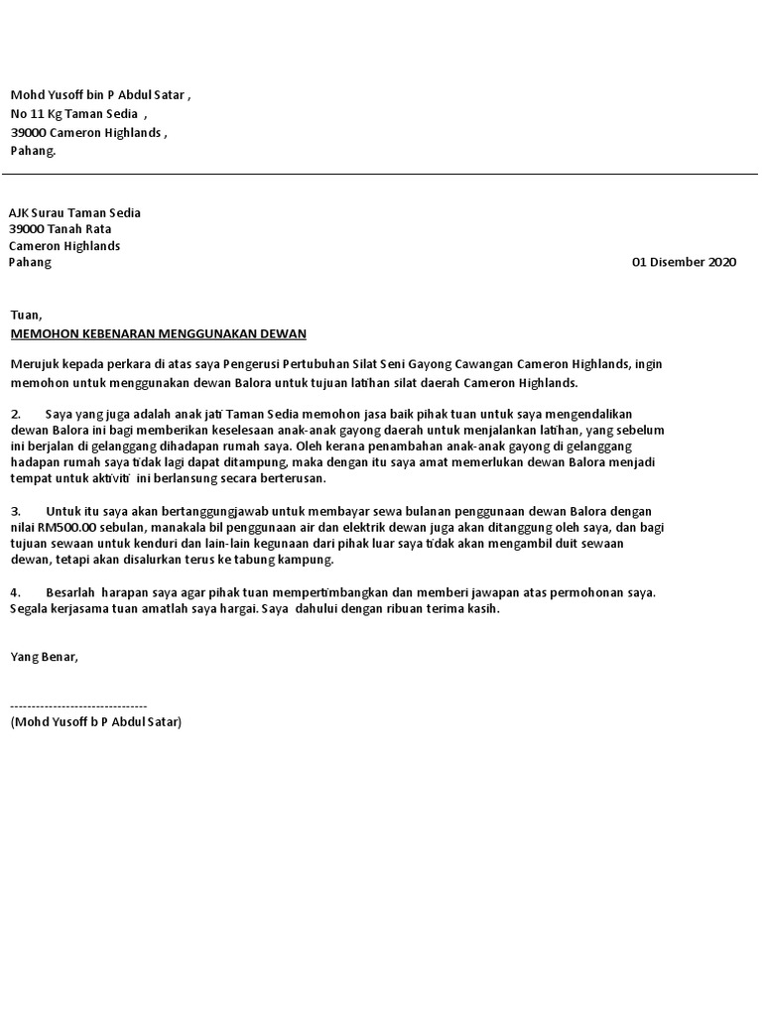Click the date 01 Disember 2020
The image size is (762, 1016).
click(x=685, y=263)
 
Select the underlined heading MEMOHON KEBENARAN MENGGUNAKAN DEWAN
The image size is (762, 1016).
click(x=159, y=333)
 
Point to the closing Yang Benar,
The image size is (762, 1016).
click(x=44, y=656)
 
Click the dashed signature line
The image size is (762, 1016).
click(x=78, y=704)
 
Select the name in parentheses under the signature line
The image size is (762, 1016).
click(x=96, y=721)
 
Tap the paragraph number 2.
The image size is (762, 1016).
click(x=16, y=413)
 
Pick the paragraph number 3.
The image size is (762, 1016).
click(x=16, y=512)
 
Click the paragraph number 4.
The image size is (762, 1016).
click(x=16, y=592)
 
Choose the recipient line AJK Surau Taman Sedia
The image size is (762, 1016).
click(x=75, y=213)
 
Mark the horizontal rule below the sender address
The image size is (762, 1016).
click(x=381, y=175)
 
